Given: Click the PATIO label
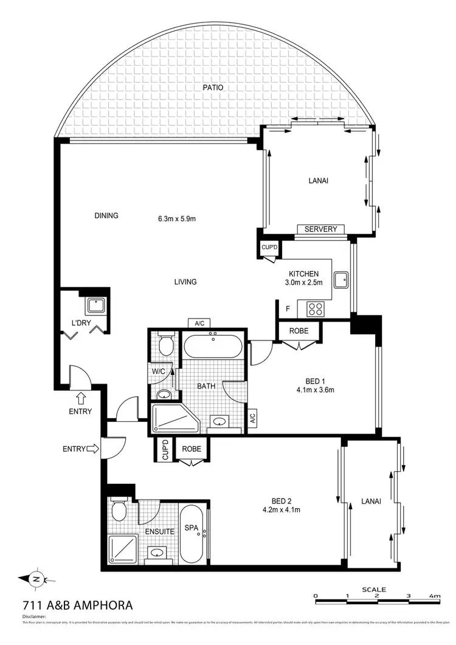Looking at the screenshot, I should pos(213,88).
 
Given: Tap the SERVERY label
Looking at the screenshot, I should pos(320,229).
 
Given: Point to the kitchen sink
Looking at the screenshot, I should pos(342,279).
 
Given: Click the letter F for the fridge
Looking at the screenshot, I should pos(288,309).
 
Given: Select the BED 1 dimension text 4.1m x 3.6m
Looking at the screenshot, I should pos(316,390).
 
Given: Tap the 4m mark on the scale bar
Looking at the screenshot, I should pos(434,596).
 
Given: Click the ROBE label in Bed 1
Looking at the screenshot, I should pos(298,331).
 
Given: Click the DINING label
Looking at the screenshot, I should pos(106,215).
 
